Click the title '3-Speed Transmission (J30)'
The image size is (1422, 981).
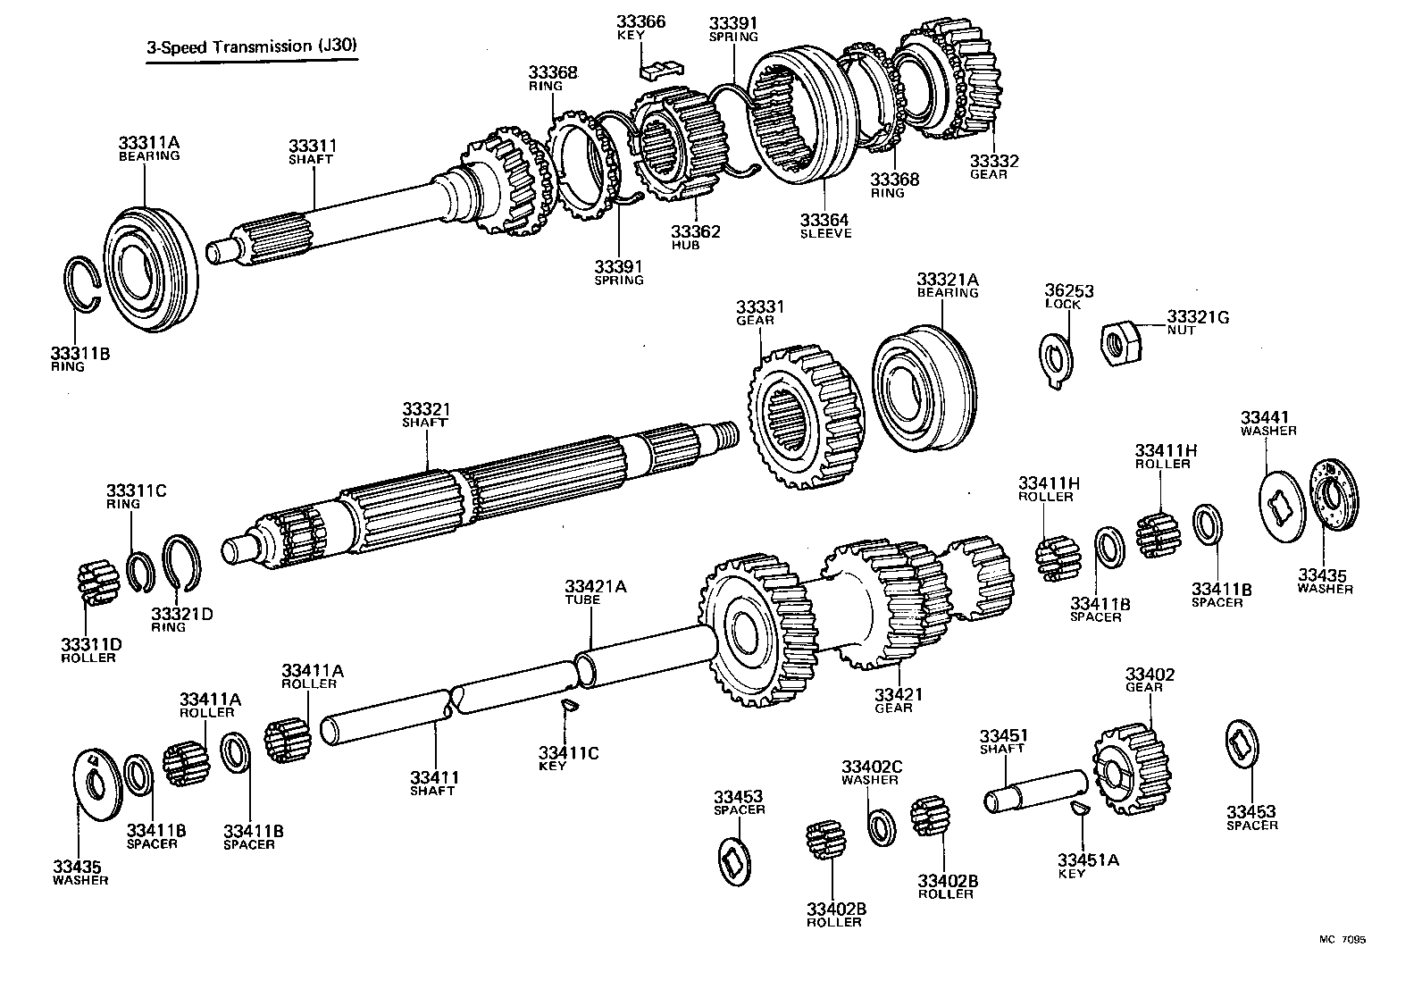(254, 47)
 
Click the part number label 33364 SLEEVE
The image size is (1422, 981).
(824, 226)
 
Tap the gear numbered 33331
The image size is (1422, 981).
(799, 415)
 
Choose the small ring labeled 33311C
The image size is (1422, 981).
(138, 573)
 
